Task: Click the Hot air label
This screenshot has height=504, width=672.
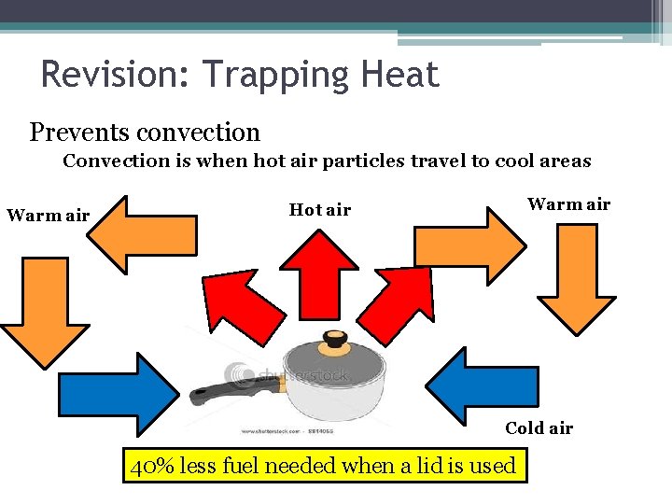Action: pyautogui.click(x=320, y=210)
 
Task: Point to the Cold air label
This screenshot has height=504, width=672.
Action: pyautogui.click(x=539, y=428)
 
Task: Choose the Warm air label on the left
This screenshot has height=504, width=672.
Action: pyautogui.click(x=49, y=217)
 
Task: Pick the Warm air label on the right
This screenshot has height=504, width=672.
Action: pyautogui.click(x=568, y=204)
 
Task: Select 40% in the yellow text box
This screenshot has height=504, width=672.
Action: pyautogui.click(x=149, y=465)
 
